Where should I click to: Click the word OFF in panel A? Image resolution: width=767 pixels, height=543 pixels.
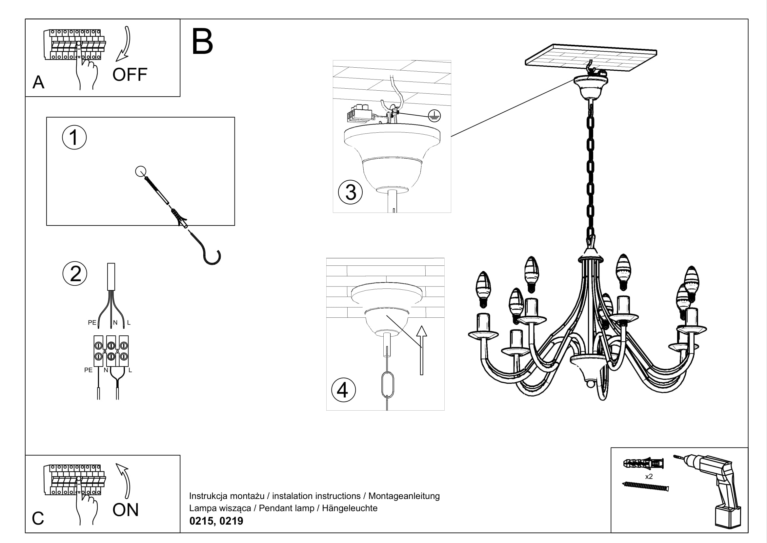point(130,75)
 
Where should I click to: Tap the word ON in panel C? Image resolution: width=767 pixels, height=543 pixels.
point(125,510)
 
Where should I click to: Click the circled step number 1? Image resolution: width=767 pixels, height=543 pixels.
point(74,137)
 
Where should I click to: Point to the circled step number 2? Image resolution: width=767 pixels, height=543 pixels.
point(75,274)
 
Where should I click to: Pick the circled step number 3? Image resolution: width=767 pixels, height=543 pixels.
point(351,192)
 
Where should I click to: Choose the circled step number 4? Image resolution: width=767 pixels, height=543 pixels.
point(343,390)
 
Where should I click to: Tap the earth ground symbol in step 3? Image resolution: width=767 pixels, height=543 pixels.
point(434,116)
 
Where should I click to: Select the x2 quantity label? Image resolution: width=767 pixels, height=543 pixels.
point(649,476)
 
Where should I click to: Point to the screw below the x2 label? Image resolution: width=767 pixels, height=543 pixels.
point(646,486)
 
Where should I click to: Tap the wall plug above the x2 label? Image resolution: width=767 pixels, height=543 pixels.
point(643,464)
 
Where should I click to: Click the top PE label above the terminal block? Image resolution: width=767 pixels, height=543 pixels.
point(92,323)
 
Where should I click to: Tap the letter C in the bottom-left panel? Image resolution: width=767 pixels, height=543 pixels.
point(38,518)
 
